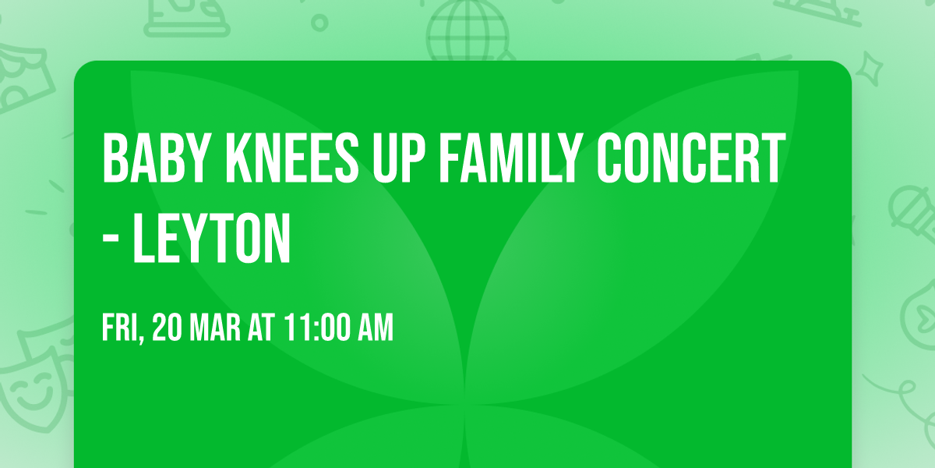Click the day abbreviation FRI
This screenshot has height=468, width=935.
click(122, 328)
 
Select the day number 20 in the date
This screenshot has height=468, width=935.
click(168, 328)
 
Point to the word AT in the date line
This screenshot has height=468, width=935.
click(263, 328)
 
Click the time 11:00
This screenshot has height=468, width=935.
click(317, 328)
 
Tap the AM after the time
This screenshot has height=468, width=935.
click(375, 328)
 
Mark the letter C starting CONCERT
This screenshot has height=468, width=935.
click(609, 159)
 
